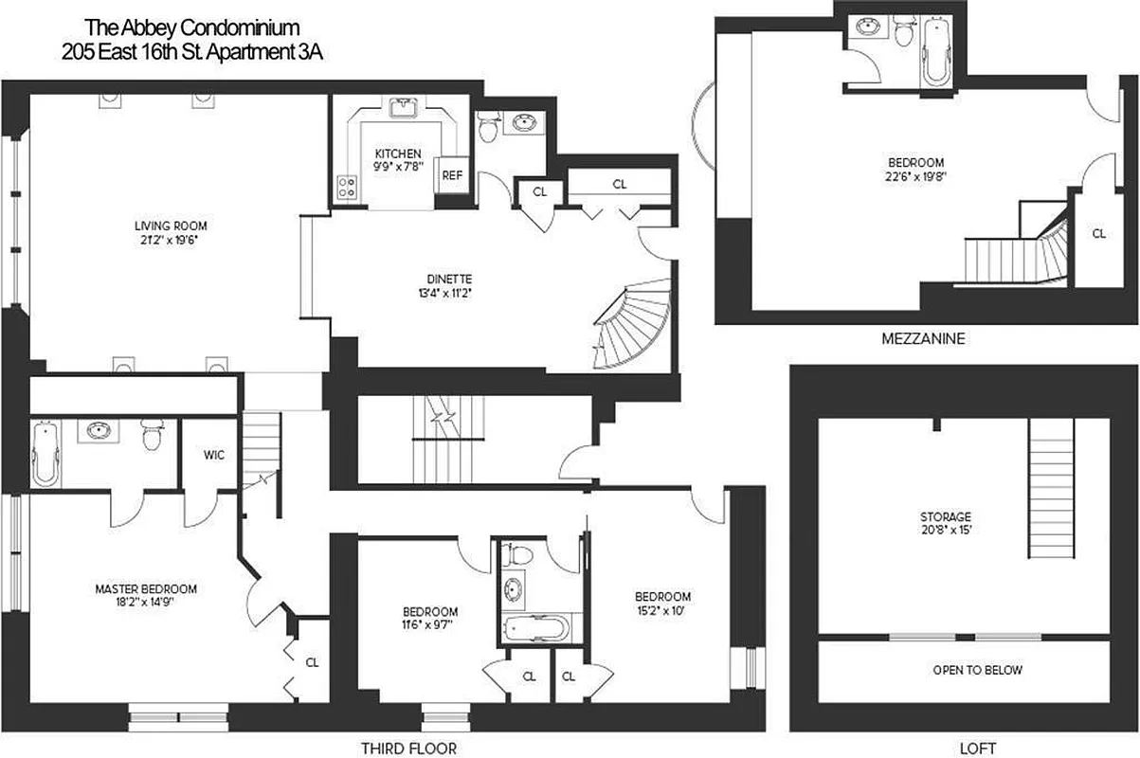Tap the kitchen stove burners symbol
347,189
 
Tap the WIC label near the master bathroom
211,455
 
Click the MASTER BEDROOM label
146,588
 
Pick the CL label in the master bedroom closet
312,662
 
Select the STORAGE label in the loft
945,517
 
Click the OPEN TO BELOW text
978,670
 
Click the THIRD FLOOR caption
402,747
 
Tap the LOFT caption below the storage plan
977,747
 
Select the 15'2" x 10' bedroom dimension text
662,611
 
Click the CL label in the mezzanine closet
1098,233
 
